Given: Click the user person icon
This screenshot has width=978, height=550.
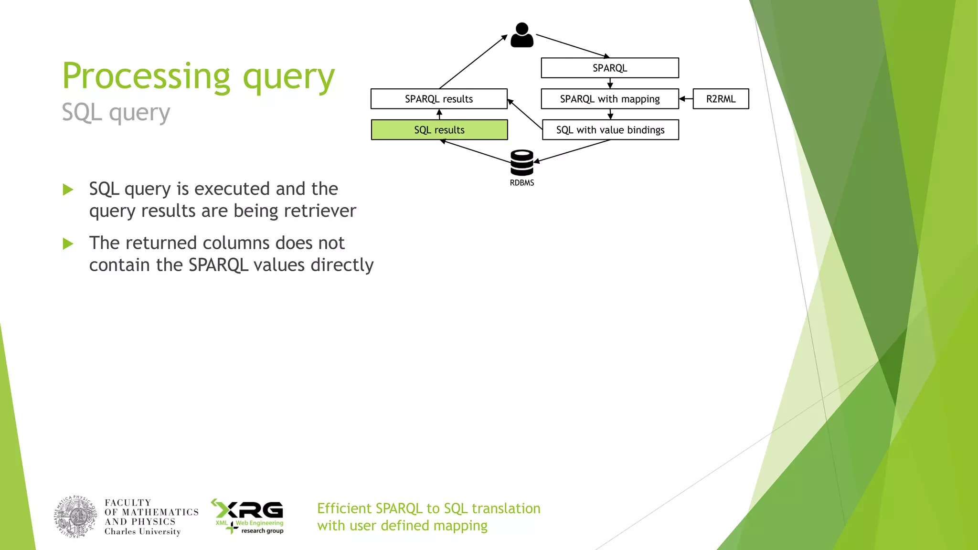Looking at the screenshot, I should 521,35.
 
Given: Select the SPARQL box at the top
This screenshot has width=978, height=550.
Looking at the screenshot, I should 609,68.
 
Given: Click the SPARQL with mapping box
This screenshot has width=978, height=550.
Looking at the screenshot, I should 609,99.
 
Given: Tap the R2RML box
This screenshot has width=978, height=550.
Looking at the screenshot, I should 721,99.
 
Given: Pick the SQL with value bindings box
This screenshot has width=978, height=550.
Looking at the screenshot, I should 610,130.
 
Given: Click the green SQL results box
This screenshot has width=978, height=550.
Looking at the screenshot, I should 439,130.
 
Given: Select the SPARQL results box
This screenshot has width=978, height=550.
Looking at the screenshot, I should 438,99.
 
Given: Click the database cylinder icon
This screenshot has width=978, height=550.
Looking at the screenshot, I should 521,163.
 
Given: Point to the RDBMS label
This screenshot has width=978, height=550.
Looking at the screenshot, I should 521,183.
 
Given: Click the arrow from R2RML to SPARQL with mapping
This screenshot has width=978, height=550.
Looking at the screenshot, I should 686,99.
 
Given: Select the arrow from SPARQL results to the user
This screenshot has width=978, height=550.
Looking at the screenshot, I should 473,62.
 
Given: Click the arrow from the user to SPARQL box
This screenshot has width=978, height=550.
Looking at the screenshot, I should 572,46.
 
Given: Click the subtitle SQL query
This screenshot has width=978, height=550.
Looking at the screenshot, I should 116,113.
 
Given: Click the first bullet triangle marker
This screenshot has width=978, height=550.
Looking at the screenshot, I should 68,190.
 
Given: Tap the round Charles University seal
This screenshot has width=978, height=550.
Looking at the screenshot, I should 75,517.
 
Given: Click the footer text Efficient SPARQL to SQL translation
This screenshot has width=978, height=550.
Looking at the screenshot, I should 428,508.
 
